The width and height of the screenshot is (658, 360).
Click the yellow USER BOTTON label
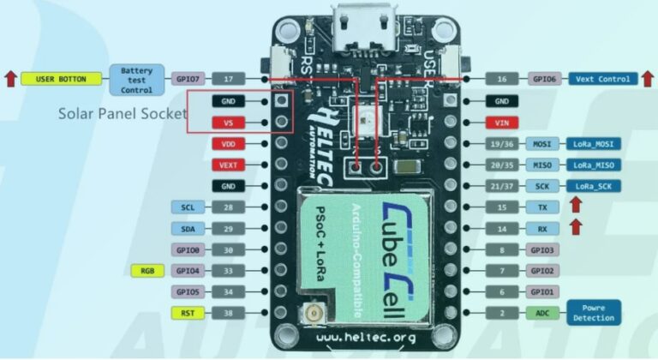(61, 79)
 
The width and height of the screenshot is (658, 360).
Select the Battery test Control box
(136, 80)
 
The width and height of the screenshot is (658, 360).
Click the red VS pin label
(228, 123)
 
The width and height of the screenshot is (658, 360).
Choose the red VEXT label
(228, 165)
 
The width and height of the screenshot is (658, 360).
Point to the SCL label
(188, 207)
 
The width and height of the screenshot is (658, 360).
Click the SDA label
(188, 228)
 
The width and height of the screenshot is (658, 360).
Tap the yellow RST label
(188, 313)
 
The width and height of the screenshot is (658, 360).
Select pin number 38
(228, 313)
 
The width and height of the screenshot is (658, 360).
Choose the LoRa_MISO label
(593, 165)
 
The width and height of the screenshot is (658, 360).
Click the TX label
(542, 207)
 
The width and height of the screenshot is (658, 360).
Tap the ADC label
(542, 313)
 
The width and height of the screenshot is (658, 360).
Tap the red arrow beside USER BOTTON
(9, 79)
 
